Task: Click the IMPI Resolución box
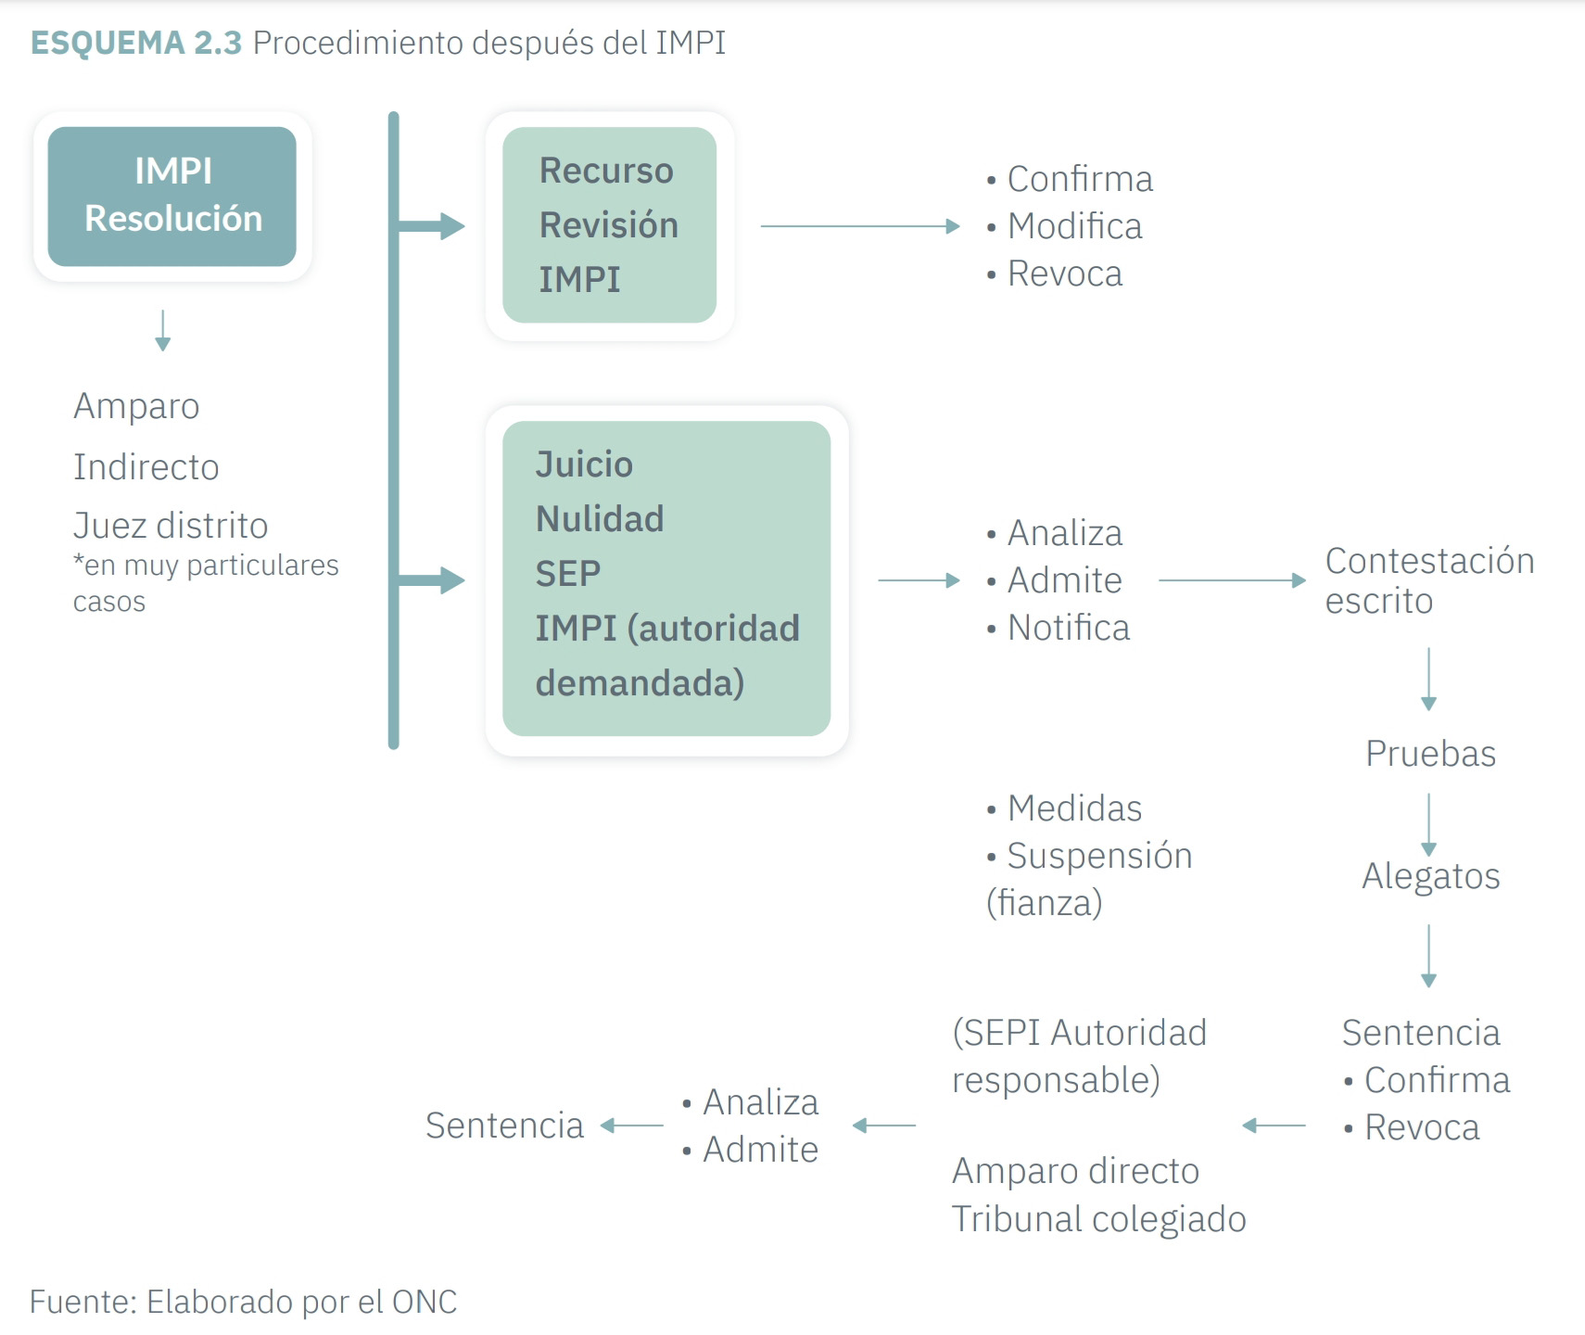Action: point(172,196)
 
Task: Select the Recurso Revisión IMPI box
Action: point(609,225)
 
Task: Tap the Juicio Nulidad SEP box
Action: point(666,578)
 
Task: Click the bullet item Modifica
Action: point(1074,226)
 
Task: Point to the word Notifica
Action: point(1068,628)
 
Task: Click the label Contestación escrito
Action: point(1428,580)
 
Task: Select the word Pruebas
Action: point(1430,754)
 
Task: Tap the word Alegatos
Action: point(1430,876)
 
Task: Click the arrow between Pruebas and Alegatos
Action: point(1429,823)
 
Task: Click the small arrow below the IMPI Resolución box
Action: point(163,331)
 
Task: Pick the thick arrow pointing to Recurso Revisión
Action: point(432,225)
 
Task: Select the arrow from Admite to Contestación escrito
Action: point(1232,580)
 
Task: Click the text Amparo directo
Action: point(1075,1171)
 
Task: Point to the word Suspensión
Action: point(1099,856)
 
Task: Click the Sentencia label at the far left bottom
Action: point(504,1125)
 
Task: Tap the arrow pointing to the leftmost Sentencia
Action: point(632,1125)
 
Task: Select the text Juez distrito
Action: point(171,526)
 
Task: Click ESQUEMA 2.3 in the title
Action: point(136,43)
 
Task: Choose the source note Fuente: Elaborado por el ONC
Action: point(244,1302)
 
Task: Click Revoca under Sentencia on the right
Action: point(1421,1127)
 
